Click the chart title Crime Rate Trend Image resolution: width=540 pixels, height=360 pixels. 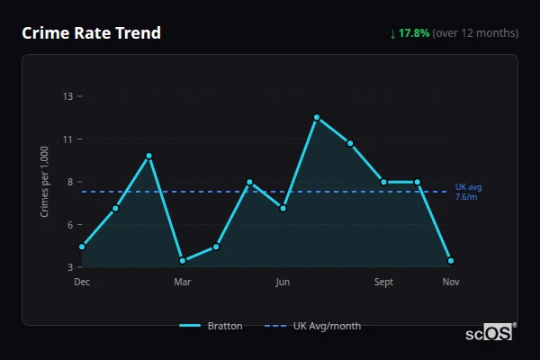[91, 33]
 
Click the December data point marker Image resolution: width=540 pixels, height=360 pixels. [82, 247]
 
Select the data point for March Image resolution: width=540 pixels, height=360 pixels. [183, 261]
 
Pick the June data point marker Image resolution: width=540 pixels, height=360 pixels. [283, 208]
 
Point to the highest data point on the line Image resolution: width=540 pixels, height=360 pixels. [317, 117]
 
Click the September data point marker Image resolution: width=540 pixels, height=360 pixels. [384, 182]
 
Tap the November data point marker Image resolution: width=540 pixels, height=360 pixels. [451, 261]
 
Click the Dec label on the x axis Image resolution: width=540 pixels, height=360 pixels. [82, 282]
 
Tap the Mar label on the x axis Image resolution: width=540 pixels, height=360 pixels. [183, 282]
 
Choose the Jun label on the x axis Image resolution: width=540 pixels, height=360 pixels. [283, 282]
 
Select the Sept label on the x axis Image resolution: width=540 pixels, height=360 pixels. [384, 282]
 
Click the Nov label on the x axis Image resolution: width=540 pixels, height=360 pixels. [451, 282]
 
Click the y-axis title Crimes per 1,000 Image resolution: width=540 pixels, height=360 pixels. [44, 182]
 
